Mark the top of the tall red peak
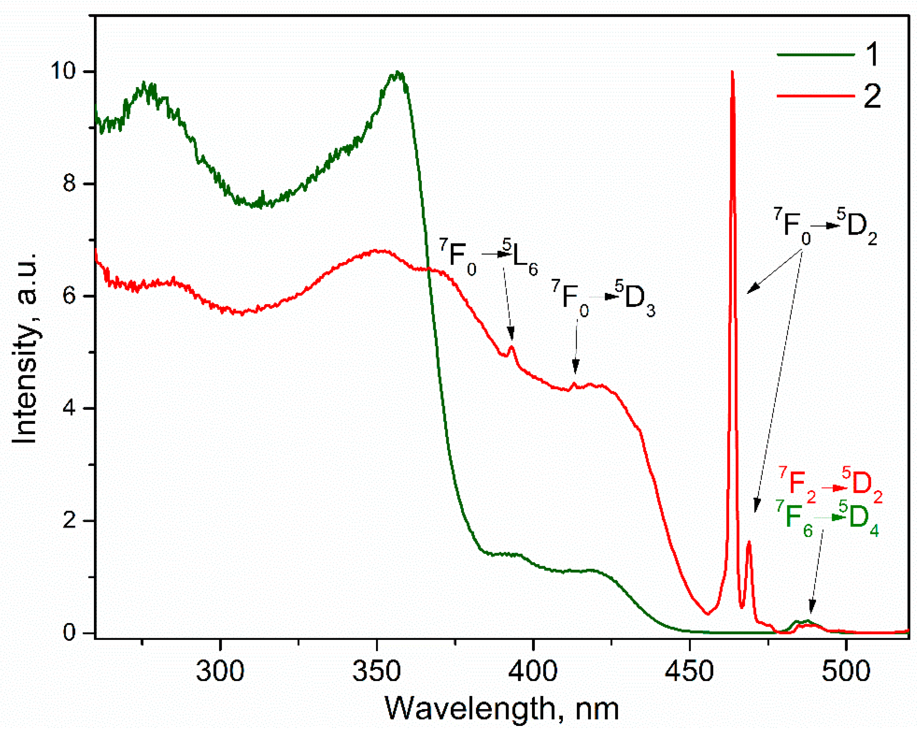[x=732, y=72]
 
